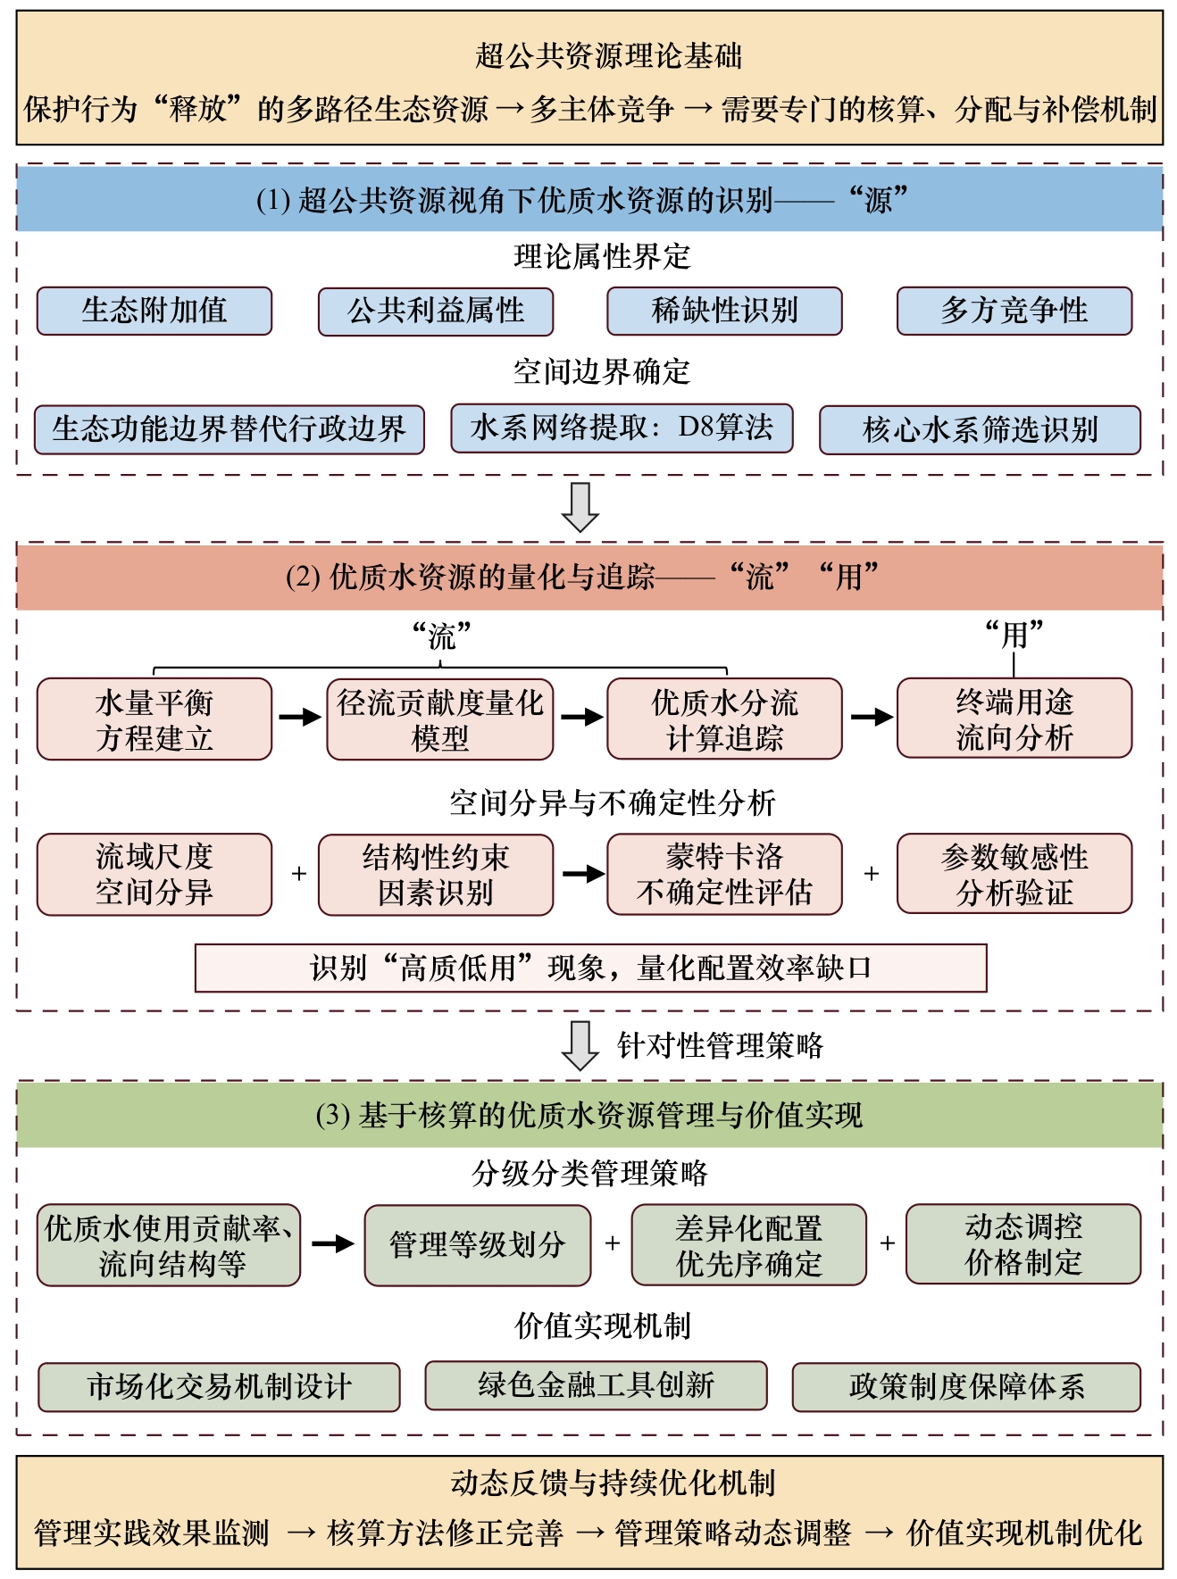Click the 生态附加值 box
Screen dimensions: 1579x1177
click(x=154, y=311)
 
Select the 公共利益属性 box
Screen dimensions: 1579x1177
click(x=436, y=311)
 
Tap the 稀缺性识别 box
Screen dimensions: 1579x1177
click(x=724, y=311)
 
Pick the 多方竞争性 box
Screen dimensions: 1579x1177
click(x=1014, y=311)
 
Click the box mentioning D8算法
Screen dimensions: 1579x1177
click(x=622, y=428)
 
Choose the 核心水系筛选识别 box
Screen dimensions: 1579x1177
click(x=980, y=429)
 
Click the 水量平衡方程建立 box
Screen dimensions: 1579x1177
click(x=154, y=719)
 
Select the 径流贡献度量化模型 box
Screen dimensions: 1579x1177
click(x=439, y=719)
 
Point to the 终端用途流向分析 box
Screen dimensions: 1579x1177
click(x=1014, y=719)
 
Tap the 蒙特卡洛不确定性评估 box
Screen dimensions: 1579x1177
click(x=724, y=874)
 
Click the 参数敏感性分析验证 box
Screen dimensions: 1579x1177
click(x=1014, y=874)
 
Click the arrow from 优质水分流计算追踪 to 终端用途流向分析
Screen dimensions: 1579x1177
click(x=870, y=717)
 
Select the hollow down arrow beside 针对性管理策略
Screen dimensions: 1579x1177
click(x=580, y=1044)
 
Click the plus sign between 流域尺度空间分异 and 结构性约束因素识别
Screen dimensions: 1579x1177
click(x=299, y=874)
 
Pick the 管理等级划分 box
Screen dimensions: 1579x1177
click(x=477, y=1244)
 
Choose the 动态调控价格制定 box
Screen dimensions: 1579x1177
click(x=1023, y=1244)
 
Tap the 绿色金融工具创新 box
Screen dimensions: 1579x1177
click(x=596, y=1385)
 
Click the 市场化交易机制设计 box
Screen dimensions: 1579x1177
click(x=219, y=1386)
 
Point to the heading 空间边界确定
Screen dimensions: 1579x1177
click(x=602, y=371)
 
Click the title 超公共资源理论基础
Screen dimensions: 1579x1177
click(x=608, y=56)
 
